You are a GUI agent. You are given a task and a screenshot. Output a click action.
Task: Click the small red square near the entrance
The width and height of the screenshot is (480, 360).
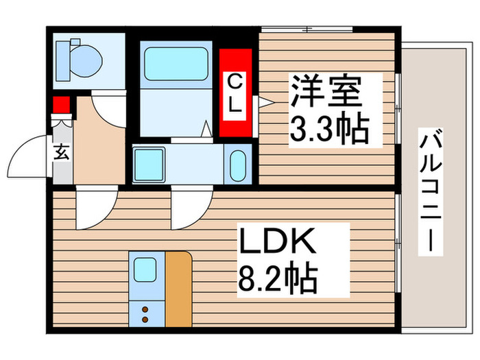[x=62, y=106]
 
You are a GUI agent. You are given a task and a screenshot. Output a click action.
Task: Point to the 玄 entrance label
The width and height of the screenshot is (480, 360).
[x=61, y=152]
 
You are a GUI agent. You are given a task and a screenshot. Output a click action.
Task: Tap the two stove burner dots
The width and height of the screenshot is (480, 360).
[x=145, y=313]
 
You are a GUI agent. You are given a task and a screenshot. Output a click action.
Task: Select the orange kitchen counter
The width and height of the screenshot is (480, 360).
[x=178, y=288]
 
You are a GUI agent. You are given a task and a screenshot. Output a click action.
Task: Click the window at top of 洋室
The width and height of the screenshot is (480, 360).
[x=307, y=29]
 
